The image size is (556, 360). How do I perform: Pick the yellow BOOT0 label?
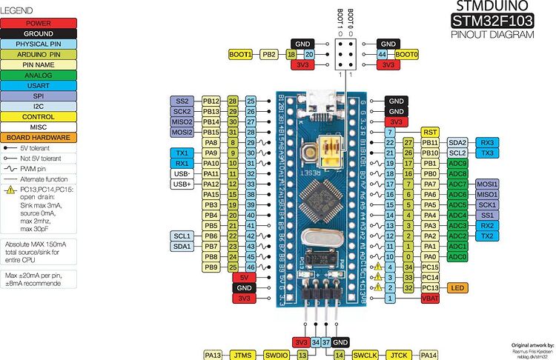(x=406, y=55)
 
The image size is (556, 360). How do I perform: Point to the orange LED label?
(x=457, y=287)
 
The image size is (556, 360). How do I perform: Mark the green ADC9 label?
(x=457, y=163)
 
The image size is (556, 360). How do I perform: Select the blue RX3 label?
(x=486, y=142)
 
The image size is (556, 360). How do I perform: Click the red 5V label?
(x=245, y=276)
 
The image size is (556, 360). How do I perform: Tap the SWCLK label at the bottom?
(x=365, y=355)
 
